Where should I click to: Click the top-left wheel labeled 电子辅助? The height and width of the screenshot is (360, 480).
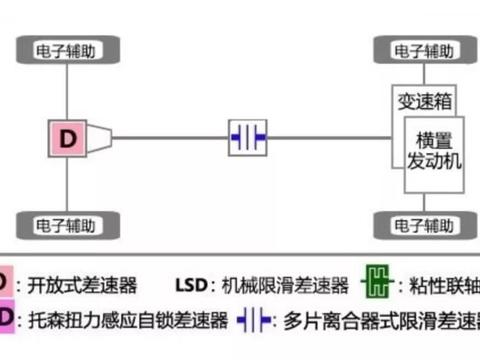click(x=68, y=48)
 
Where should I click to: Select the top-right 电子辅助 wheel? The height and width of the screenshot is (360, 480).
click(x=422, y=48)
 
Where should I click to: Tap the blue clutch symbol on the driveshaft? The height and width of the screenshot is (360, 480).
click(x=247, y=138)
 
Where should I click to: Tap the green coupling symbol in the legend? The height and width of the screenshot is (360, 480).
click(x=375, y=285)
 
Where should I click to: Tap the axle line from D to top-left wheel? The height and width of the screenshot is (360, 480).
click(x=68, y=90)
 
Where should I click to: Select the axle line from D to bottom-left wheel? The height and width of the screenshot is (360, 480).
click(x=68, y=185)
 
